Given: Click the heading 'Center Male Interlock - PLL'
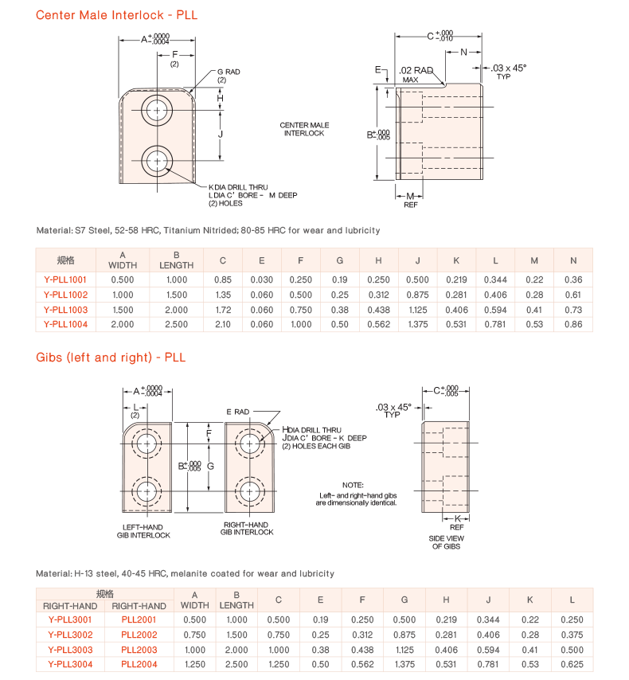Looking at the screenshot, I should (x=117, y=15).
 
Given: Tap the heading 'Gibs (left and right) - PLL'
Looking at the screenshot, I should (x=111, y=358).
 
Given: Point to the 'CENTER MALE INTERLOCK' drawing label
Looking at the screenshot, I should (x=304, y=129).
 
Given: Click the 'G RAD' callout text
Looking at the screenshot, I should (x=228, y=72).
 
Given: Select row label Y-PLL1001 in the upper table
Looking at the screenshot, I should (x=66, y=279).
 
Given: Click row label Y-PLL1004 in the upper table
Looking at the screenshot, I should (x=66, y=324).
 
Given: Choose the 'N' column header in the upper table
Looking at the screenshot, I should (x=572, y=260).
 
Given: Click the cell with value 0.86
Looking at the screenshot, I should (x=572, y=324).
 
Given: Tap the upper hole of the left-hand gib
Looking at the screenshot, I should (x=147, y=443).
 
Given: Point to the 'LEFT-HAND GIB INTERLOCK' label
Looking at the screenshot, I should (x=144, y=531).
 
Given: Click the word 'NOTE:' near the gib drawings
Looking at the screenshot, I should (x=353, y=485).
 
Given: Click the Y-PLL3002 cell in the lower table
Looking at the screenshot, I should (x=70, y=635).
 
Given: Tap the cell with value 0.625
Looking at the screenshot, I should (x=572, y=664).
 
